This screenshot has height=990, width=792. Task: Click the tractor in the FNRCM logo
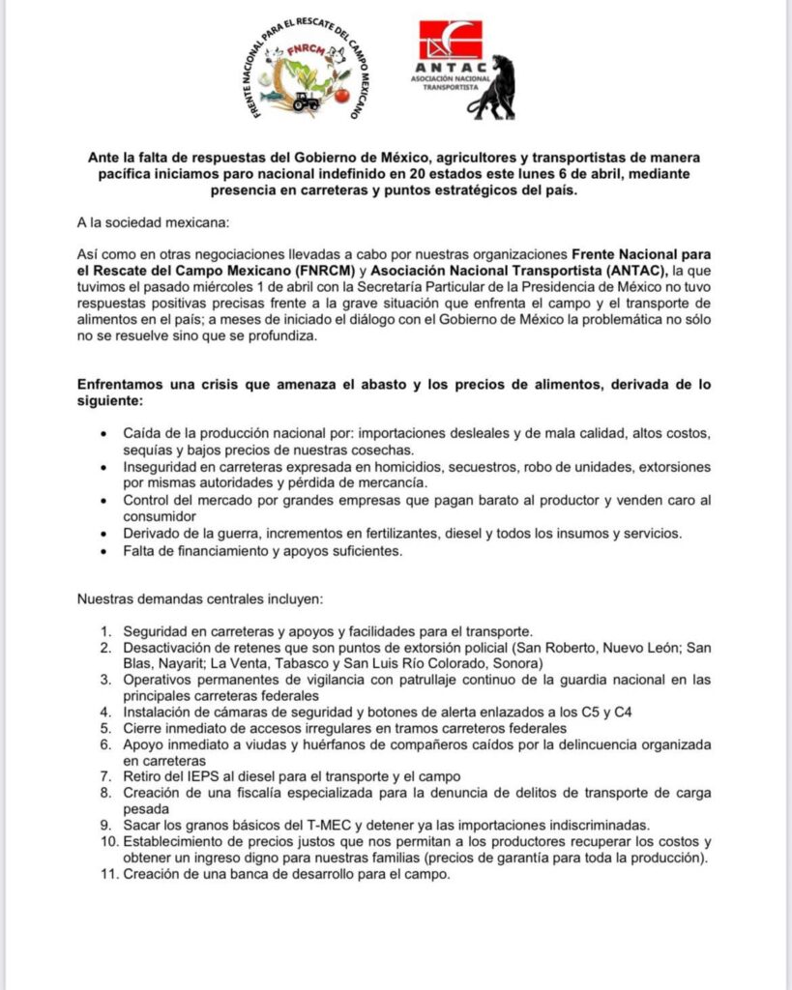point(306,101)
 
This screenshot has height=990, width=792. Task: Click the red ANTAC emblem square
point(450,42)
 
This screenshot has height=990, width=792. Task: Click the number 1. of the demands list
point(108,630)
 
